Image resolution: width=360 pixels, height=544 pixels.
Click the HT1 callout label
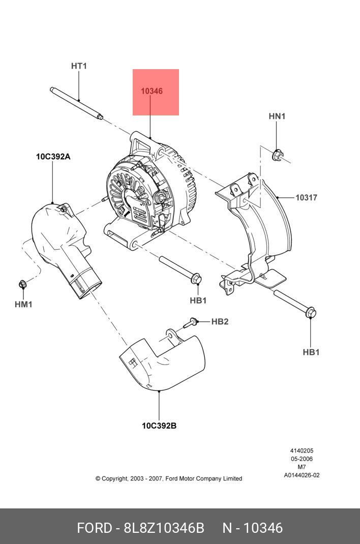coord(79,66)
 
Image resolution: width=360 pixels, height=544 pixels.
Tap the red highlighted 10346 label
coord(152,92)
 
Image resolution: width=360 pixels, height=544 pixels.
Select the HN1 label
coord(277,116)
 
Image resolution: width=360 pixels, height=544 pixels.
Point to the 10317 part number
coord(306,197)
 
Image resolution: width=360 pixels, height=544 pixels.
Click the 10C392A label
coord(53,157)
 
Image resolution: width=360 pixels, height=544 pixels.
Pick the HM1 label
coord(23,305)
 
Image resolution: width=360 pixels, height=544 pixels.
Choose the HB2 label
coord(220,321)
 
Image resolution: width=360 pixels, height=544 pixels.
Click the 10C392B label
coord(159,426)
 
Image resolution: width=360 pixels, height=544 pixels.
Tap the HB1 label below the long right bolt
coord(311,352)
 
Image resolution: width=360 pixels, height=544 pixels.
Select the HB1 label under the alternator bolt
coord(198,300)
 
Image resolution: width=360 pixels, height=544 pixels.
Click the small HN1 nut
coord(277,155)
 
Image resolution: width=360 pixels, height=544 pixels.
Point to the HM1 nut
coord(22,283)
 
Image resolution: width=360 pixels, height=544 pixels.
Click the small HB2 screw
coord(192,321)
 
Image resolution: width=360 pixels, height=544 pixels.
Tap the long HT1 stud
coord(76,104)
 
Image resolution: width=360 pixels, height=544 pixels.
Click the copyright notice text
coord(169,478)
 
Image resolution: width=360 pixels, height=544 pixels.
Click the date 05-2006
coord(302,459)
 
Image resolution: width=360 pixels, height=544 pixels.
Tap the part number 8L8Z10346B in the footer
coord(164,528)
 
